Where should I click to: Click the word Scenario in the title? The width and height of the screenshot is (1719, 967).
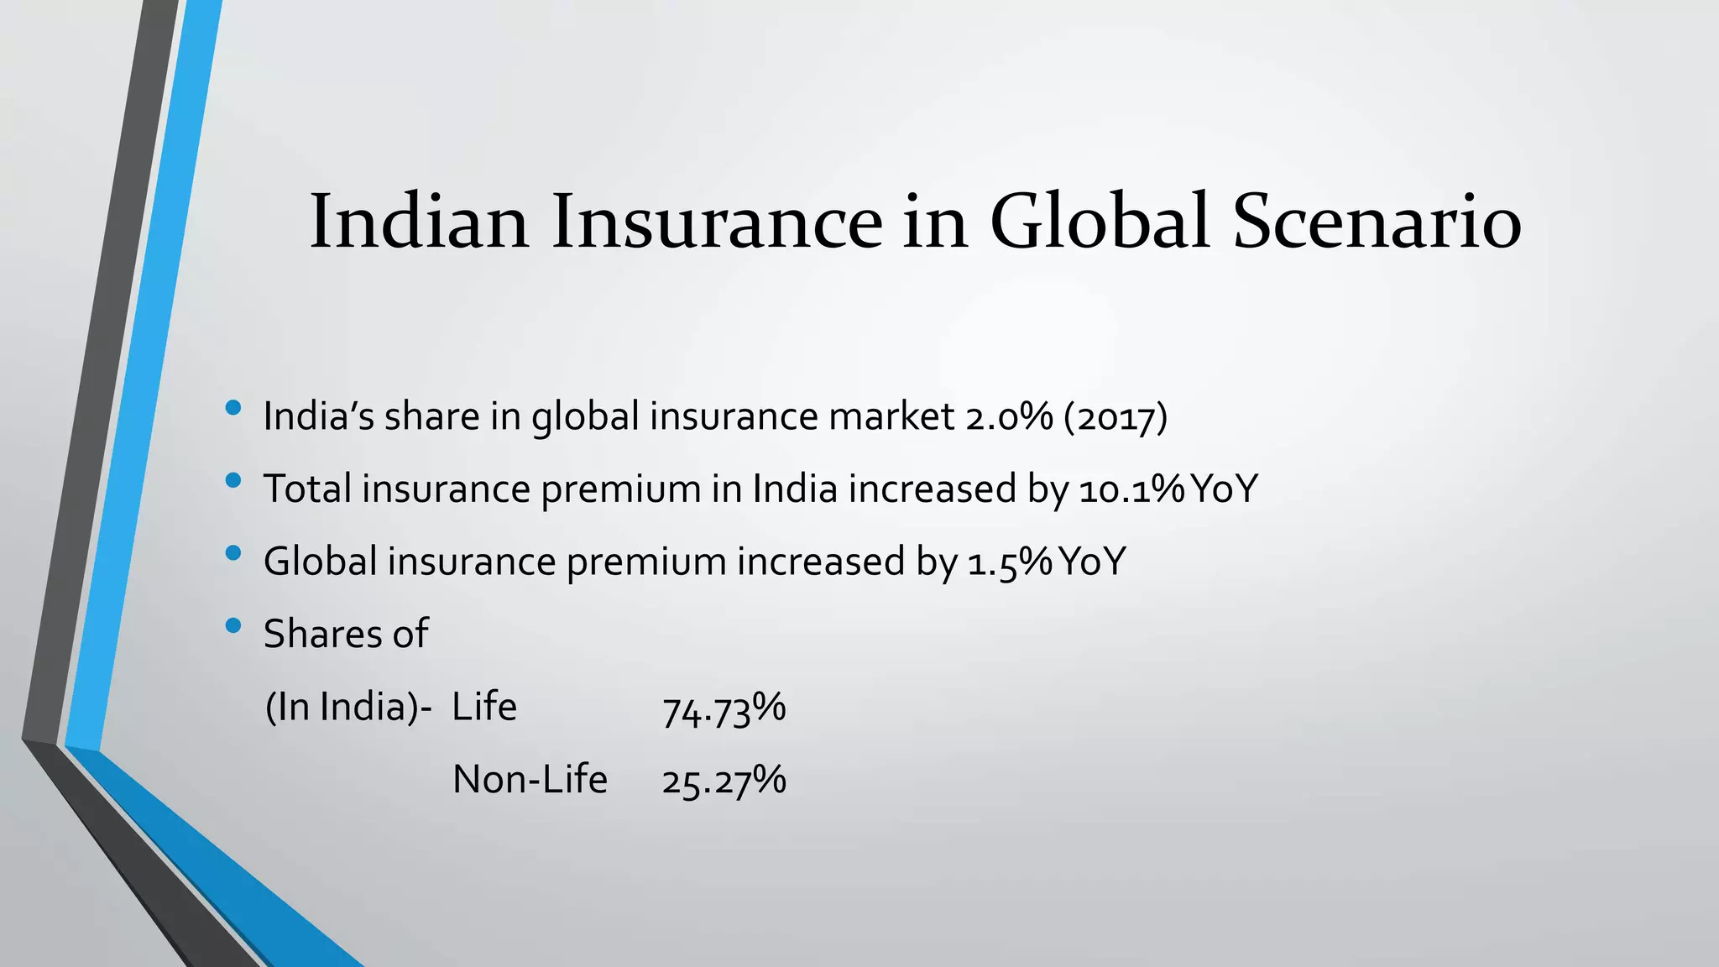(1377, 222)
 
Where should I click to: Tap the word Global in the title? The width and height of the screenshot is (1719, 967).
(1100, 222)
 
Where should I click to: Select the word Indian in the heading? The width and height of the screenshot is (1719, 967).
(420, 222)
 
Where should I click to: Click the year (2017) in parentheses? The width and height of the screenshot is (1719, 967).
(1116, 417)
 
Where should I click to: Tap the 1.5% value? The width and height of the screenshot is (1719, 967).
(1010, 562)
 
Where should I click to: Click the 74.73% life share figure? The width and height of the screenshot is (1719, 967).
(724, 709)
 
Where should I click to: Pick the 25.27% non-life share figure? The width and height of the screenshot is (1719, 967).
(724, 781)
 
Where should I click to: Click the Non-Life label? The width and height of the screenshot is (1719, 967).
(530, 780)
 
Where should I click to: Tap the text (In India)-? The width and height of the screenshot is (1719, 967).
(348, 708)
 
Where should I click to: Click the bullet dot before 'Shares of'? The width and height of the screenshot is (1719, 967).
(233, 625)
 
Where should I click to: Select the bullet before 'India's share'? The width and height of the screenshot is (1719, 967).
(233, 409)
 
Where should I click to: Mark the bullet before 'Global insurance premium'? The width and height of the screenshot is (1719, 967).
(233, 553)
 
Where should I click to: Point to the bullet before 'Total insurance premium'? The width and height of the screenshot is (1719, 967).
(233, 481)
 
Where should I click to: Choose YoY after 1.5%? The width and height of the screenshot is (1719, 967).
(1092, 562)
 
